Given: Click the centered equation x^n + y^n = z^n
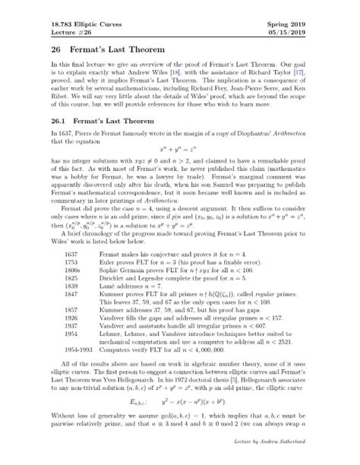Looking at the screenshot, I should click(179, 151).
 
